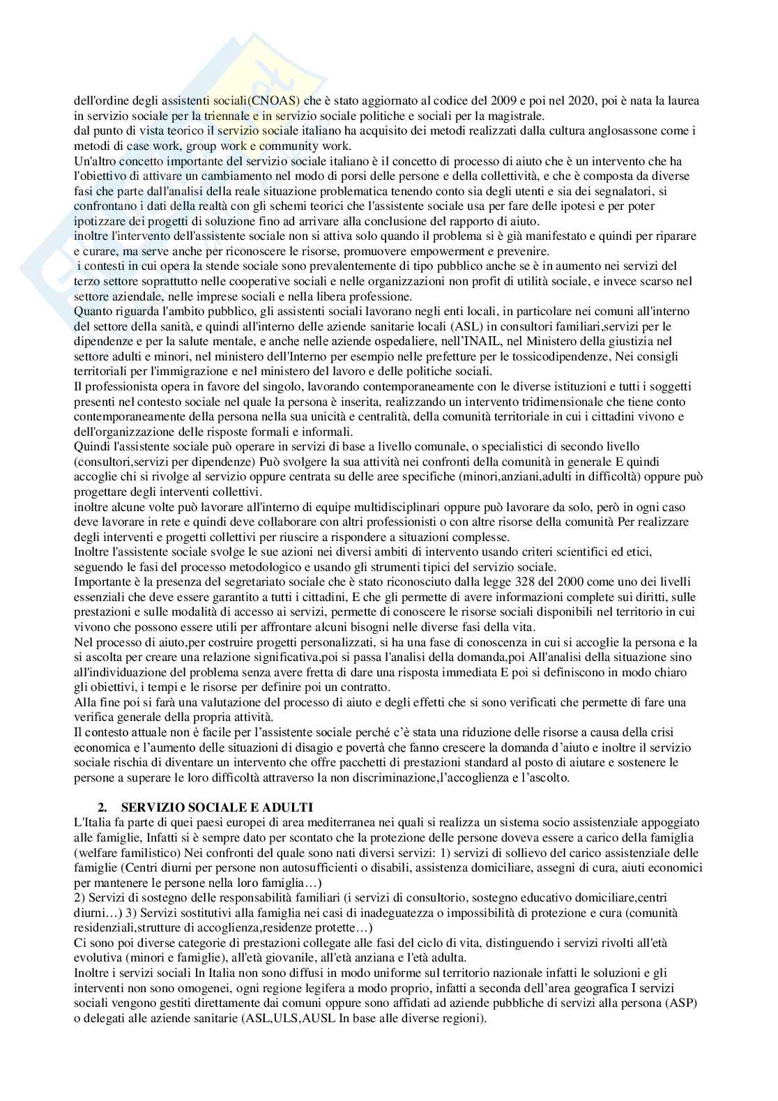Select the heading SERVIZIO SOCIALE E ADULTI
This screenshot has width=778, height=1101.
click(217, 807)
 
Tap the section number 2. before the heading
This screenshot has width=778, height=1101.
click(102, 807)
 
